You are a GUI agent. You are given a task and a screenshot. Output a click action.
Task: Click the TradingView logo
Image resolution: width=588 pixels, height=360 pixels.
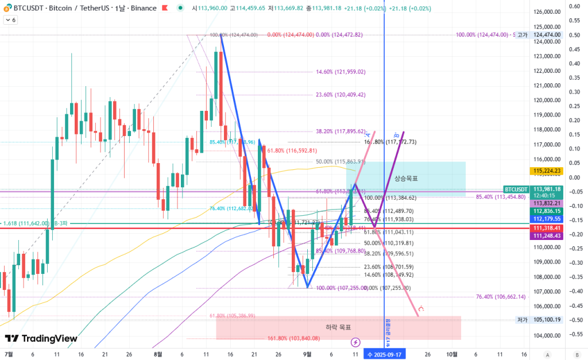[x=41, y=339]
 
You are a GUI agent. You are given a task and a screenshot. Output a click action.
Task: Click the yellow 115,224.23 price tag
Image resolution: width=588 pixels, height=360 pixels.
[x=547, y=171]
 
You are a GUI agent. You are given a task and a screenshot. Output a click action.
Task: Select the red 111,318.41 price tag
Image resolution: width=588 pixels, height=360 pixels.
[x=547, y=228]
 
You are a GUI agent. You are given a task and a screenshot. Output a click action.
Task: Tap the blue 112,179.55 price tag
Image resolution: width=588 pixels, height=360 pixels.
[x=547, y=219]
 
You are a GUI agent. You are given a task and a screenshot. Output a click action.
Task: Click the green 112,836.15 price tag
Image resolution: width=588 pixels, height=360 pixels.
[x=547, y=211]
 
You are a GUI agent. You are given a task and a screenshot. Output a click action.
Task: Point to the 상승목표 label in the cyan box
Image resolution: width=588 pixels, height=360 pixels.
[x=406, y=179]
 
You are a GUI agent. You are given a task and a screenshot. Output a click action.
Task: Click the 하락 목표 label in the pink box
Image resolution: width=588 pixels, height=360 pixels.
[x=338, y=327]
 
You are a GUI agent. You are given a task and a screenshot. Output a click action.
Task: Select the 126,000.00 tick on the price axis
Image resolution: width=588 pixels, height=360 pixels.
[x=547, y=12]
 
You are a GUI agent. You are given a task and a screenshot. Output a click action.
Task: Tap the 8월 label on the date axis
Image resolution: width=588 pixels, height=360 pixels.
[x=158, y=354]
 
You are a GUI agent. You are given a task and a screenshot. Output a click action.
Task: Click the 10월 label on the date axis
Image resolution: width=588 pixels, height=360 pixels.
[x=452, y=354]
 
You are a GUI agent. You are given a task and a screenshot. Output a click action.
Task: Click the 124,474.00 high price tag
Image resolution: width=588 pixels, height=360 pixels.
[x=547, y=34]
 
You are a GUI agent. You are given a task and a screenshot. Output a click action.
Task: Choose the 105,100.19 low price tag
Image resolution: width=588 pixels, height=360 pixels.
[x=547, y=320]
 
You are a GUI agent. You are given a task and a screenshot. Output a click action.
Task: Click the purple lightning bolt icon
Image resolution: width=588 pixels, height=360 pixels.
[x=355, y=342]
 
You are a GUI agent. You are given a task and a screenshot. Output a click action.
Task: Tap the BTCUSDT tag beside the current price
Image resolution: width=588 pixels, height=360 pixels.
[x=516, y=189]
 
